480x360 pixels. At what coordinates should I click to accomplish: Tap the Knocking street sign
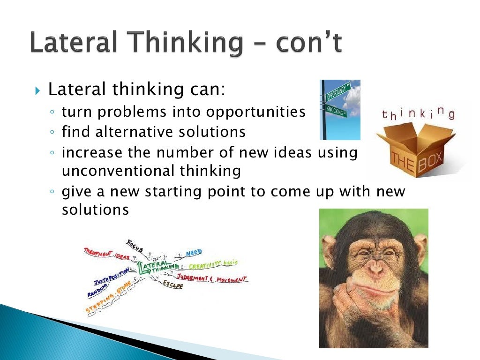click(336, 111)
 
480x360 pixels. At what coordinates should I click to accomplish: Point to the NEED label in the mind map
click(193, 253)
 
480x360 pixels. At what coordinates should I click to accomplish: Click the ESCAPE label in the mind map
click(173, 285)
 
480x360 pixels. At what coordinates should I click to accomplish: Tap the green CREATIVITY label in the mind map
click(206, 266)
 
